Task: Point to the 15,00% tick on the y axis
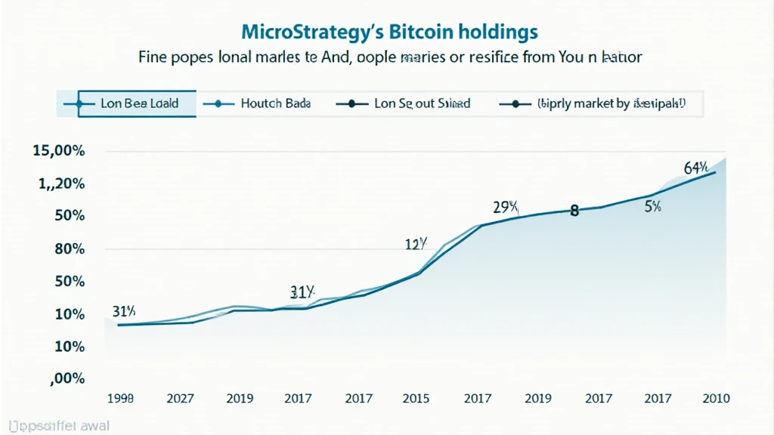(59, 151)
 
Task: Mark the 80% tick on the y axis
(69, 249)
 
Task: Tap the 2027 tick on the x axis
(180, 398)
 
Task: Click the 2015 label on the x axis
(416, 398)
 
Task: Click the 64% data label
(695, 168)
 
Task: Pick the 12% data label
(417, 244)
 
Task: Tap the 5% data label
(652, 206)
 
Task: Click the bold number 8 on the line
(574, 211)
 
